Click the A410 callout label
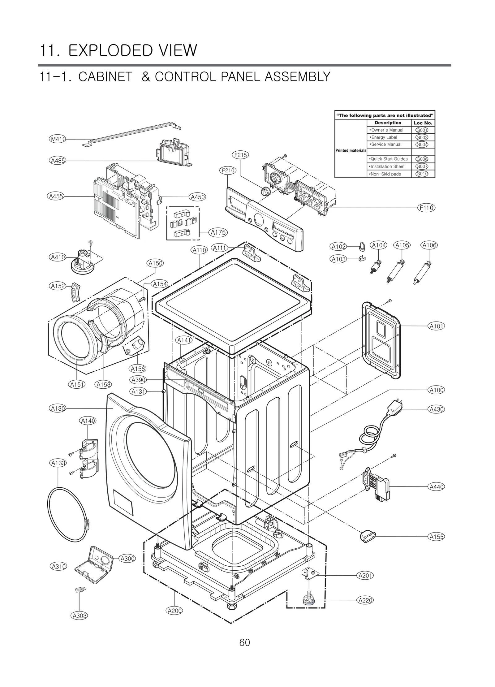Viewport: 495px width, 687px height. (x=58, y=257)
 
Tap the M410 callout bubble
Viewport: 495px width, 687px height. (x=58, y=139)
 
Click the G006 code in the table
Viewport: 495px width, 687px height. (x=422, y=159)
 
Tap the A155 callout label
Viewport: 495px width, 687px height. (x=437, y=537)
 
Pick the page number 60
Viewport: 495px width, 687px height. (x=244, y=642)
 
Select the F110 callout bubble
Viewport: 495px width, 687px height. (x=426, y=208)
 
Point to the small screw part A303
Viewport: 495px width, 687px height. (x=79, y=590)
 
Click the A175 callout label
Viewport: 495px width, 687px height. (x=218, y=232)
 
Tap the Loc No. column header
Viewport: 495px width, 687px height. (x=423, y=123)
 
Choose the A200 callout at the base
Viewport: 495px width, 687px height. (x=174, y=611)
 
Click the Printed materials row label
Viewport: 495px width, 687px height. (x=351, y=151)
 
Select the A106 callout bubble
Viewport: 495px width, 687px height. (x=429, y=245)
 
